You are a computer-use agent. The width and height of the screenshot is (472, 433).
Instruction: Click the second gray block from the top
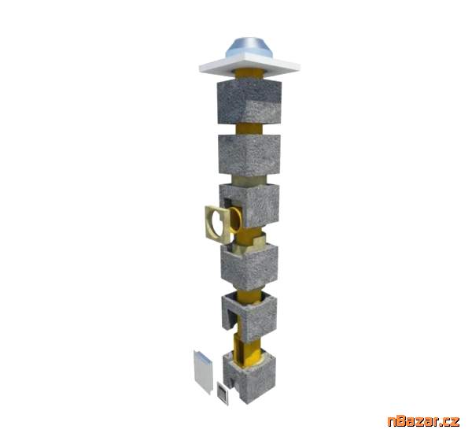click(x=249, y=154)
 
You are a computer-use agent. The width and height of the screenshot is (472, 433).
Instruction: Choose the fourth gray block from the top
click(x=249, y=264)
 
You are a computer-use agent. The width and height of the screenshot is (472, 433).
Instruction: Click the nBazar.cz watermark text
click(x=422, y=419)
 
